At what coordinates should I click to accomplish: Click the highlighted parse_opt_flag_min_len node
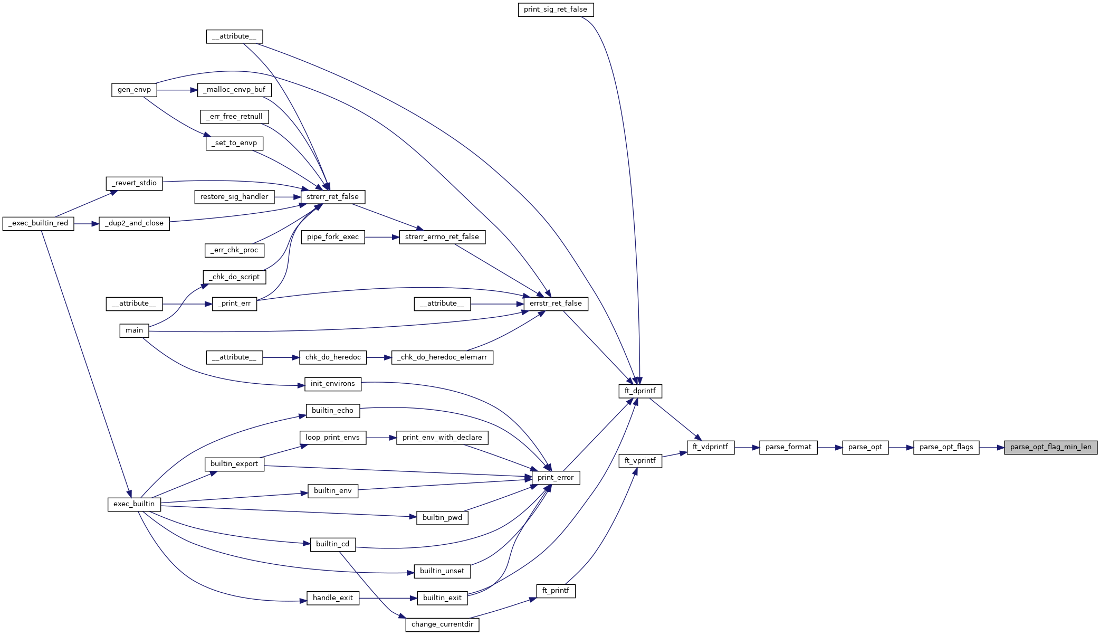(1050, 447)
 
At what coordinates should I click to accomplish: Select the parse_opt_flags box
(946, 447)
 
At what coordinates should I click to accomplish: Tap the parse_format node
(788, 447)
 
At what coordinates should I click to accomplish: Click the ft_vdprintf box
(710, 447)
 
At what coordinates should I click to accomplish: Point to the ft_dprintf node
(640, 391)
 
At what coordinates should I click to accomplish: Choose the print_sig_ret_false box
(556, 10)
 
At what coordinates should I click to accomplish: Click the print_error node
(556, 478)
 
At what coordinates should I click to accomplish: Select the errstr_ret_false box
(556, 304)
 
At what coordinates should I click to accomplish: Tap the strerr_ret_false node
(332, 197)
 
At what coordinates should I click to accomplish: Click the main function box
(134, 330)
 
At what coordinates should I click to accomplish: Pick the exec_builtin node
(134, 504)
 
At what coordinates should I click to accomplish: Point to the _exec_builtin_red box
(39, 223)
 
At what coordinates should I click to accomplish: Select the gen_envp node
(134, 90)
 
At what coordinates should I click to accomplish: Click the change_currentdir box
(442, 624)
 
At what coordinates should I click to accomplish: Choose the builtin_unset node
(442, 571)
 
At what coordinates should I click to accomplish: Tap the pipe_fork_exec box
(332, 237)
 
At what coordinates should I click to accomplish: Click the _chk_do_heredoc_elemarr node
(442, 357)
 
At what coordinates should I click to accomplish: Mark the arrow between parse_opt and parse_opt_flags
(901, 448)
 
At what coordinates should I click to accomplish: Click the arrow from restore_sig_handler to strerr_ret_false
(288, 197)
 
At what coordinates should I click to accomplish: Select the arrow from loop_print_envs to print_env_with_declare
(381, 438)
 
